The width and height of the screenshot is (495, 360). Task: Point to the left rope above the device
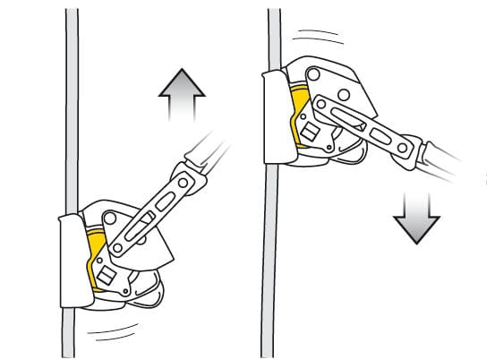point(68,107)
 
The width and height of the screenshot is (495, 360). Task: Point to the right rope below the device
point(269,269)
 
